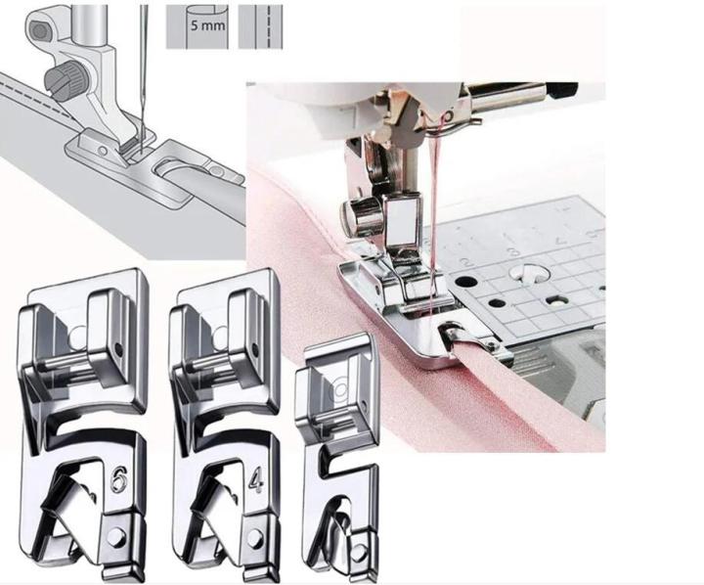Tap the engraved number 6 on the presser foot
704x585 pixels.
coord(117,480)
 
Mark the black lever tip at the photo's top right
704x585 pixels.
coord(561,91)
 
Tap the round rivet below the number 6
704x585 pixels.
coord(118,537)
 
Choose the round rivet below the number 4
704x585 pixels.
coord(255,537)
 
